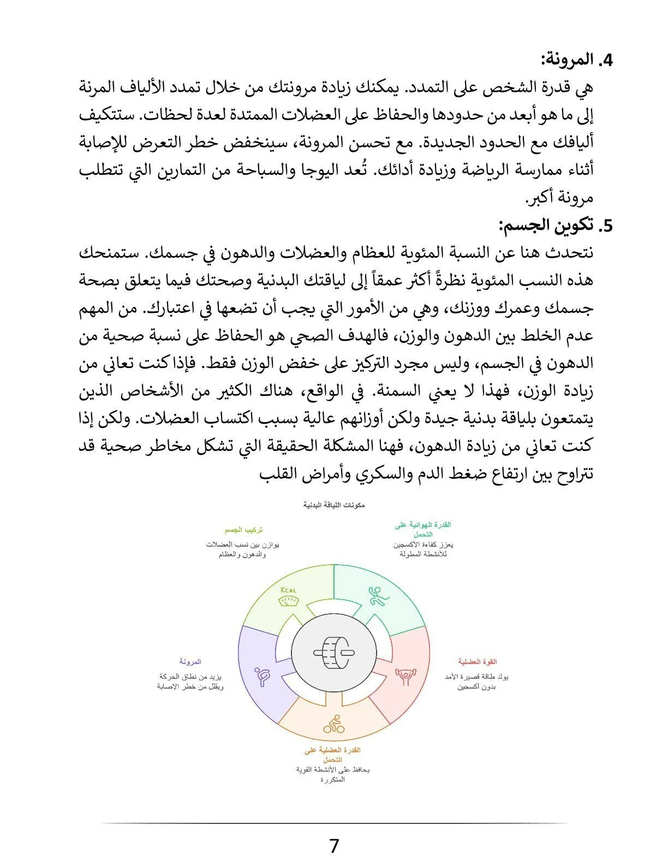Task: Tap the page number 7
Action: pos(334,845)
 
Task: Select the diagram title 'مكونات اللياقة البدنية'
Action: pos(334,505)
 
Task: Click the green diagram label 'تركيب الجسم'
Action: pos(243,530)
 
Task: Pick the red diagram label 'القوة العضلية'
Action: pos(478,662)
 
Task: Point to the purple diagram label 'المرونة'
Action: pos(190,662)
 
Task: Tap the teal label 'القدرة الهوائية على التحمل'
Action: pos(423,529)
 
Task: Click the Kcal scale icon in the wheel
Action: pos(288,597)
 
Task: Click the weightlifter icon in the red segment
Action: pos(405,676)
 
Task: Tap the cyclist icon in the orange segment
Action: pos(333,725)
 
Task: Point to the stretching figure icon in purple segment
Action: pos(263,676)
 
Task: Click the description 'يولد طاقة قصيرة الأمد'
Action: pos(477,677)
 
